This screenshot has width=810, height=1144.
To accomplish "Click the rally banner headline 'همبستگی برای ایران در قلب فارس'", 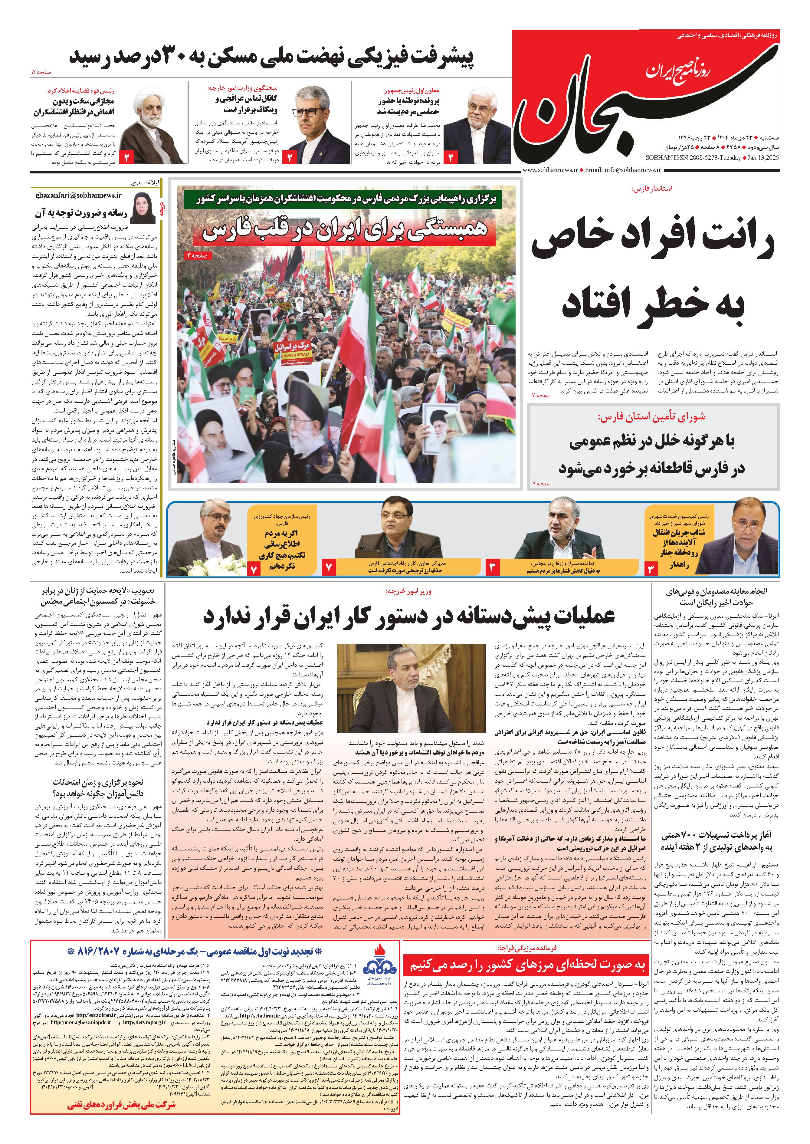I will click(x=344, y=231).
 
